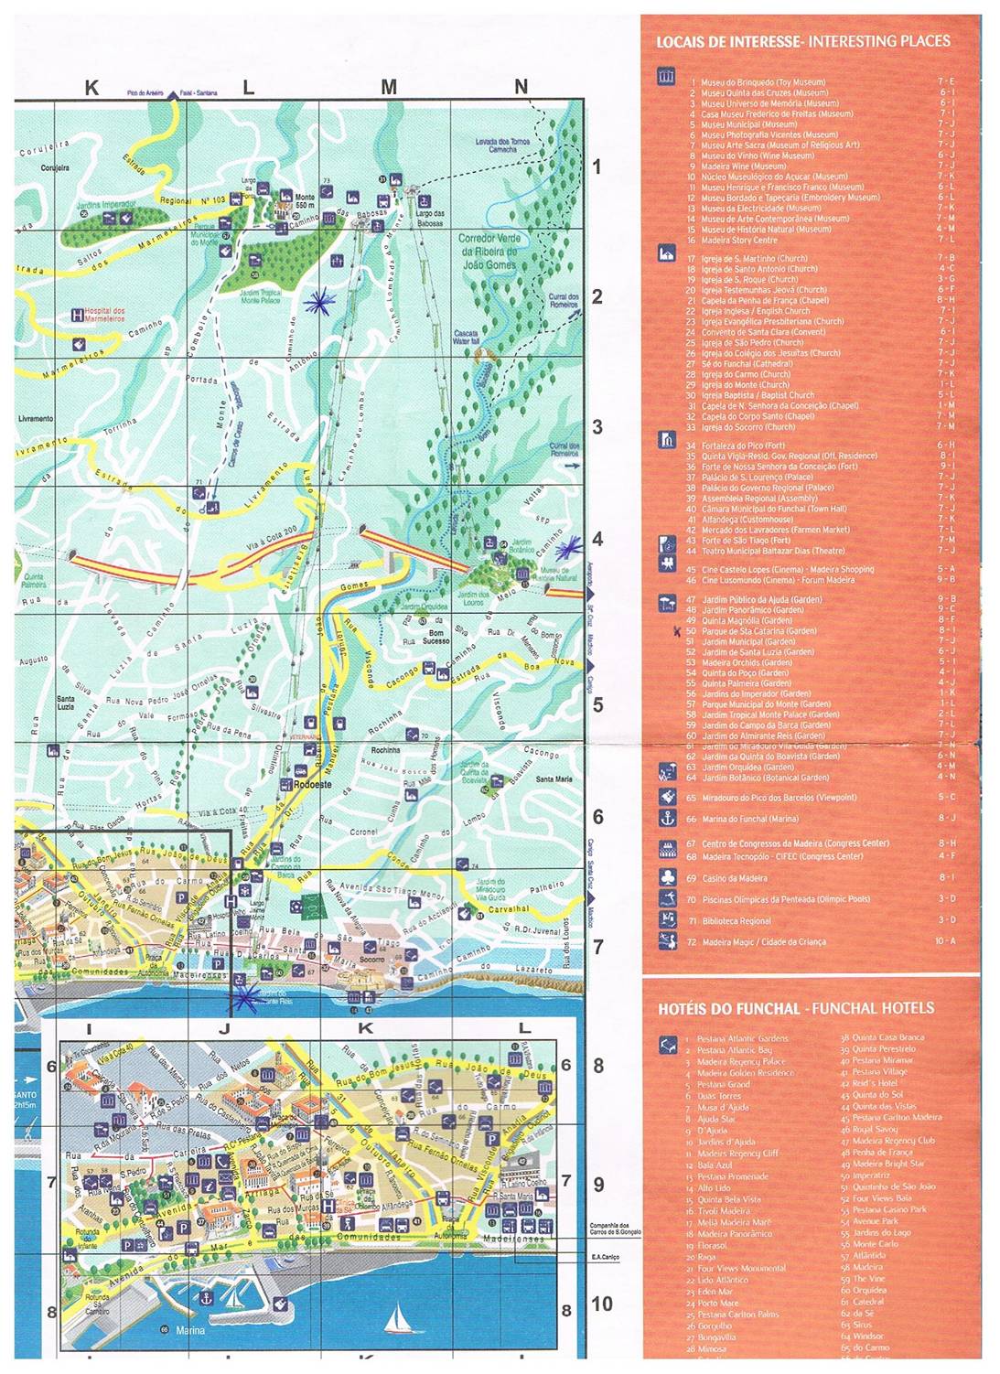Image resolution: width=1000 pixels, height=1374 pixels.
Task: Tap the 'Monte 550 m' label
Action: coord(305,201)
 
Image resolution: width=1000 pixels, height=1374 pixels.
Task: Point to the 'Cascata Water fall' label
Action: coord(465,337)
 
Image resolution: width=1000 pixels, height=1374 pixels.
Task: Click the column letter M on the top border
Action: coord(389,88)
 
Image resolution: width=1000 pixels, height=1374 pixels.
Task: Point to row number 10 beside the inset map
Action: coord(601,1304)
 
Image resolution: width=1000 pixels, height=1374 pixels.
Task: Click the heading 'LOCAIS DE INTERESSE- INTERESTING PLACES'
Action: coord(803,41)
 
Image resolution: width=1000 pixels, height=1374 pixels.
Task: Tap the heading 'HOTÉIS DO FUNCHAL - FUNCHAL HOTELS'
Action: coord(796,1008)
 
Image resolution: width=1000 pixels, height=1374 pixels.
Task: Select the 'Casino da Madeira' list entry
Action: coord(734,878)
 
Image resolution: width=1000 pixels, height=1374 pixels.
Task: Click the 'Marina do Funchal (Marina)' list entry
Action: coord(749,819)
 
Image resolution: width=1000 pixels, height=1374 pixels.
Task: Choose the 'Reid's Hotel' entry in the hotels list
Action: coord(875,1083)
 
